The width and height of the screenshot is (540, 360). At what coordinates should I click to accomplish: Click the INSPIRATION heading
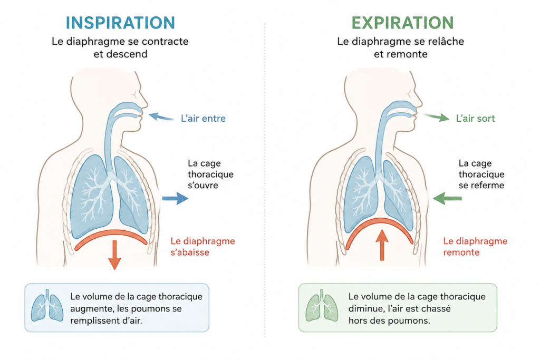[120, 23]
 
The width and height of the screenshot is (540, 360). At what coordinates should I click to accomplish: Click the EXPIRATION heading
[402, 23]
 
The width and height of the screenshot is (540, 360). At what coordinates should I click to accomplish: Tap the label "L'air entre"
[203, 119]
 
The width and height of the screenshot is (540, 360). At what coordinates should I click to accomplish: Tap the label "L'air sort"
[475, 119]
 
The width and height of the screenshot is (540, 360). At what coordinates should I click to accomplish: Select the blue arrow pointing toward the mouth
[161, 117]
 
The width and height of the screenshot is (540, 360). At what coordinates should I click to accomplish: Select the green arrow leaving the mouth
[437, 117]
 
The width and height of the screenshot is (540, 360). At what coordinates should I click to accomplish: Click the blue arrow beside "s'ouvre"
[175, 198]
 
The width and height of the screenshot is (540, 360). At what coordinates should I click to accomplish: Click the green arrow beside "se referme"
[447, 198]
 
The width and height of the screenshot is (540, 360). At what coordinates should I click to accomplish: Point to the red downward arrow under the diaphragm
[114, 255]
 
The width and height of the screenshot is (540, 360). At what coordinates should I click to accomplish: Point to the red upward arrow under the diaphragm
[382, 245]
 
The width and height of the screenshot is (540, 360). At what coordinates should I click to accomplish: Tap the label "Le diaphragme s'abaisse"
[202, 247]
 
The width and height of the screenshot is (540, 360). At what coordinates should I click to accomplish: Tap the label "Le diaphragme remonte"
[475, 247]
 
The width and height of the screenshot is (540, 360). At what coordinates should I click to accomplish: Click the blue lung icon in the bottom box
[47, 306]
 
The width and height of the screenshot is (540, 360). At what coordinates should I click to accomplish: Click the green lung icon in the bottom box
[322, 306]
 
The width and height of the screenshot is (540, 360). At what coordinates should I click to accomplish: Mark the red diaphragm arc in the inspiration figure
[111, 233]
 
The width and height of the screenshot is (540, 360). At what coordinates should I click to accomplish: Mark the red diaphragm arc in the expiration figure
[379, 221]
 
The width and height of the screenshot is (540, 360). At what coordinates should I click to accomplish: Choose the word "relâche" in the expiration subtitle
[447, 41]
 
